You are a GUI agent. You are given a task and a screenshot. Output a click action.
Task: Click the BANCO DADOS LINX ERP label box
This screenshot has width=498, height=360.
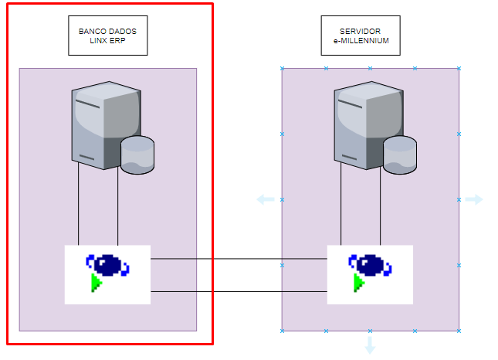click(x=107, y=36)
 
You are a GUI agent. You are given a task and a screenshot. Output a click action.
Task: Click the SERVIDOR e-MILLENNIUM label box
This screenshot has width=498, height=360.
click(x=361, y=36)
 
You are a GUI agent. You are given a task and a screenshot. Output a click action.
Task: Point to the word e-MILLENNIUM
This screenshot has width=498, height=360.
click(x=361, y=41)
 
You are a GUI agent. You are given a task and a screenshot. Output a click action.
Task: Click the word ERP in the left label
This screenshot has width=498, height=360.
click(x=117, y=41)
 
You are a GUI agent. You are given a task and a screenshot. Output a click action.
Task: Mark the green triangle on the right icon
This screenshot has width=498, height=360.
click(x=358, y=284)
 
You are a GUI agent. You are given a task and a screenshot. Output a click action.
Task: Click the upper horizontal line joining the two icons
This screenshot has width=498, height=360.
click(x=239, y=260)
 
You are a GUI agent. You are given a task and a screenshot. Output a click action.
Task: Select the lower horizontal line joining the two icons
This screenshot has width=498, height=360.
click(x=239, y=291)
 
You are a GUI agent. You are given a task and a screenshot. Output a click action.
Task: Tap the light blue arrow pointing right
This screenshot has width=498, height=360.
click(x=474, y=200)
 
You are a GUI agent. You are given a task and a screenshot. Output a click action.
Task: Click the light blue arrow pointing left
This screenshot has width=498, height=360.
click(x=265, y=200)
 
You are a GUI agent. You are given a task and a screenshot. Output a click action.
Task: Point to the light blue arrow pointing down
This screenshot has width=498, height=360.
click(x=370, y=345)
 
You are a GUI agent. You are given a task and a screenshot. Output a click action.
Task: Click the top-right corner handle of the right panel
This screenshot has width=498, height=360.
click(x=459, y=68)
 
